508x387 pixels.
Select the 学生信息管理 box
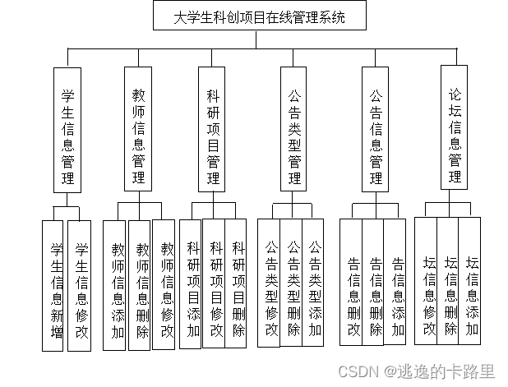pos(67,129)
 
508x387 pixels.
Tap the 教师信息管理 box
pos(138,129)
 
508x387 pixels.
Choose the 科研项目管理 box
pos(213,129)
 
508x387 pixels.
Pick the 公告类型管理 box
pos(293,129)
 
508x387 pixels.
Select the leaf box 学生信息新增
pos(56,286)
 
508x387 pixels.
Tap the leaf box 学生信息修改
pos(80,286)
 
